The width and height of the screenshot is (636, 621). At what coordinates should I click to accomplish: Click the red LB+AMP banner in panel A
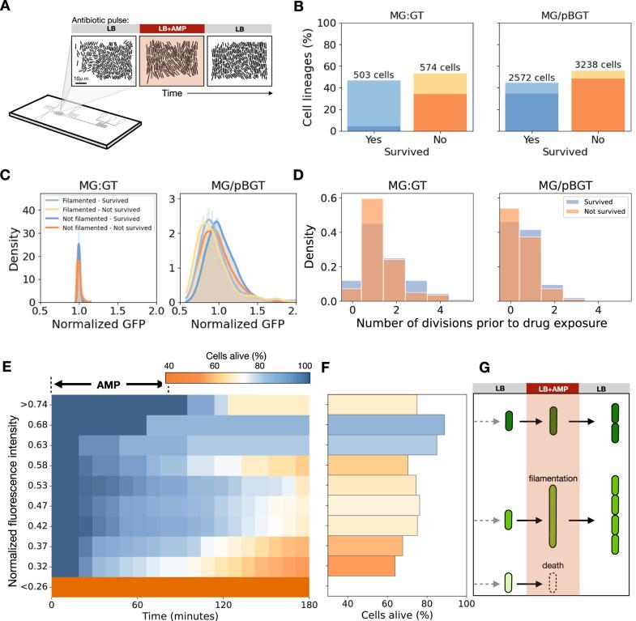click(x=172, y=28)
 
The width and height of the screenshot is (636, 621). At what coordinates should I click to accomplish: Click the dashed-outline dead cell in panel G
click(x=553, y=582)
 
